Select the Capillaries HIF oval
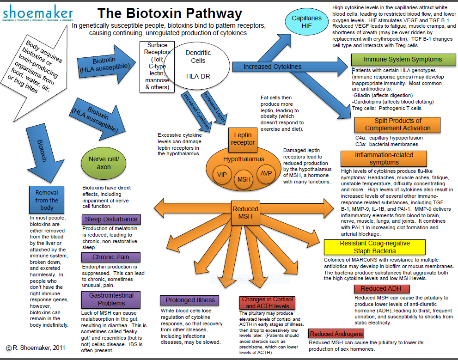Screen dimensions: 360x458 coord(306,22)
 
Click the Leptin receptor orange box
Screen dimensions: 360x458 coord(243,139)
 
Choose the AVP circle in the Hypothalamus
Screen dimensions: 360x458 coord(265,173)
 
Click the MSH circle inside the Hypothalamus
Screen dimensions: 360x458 coord(244,179)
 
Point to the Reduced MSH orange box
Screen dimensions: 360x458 coord(245,213)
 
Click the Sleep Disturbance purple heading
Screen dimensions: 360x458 coord(110,219)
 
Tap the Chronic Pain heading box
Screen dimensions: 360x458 coord(110,257)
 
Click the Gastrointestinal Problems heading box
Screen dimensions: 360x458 coord(111,299)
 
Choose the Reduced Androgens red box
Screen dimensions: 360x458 coord(336,334)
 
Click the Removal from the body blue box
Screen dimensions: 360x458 coord(47,200)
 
